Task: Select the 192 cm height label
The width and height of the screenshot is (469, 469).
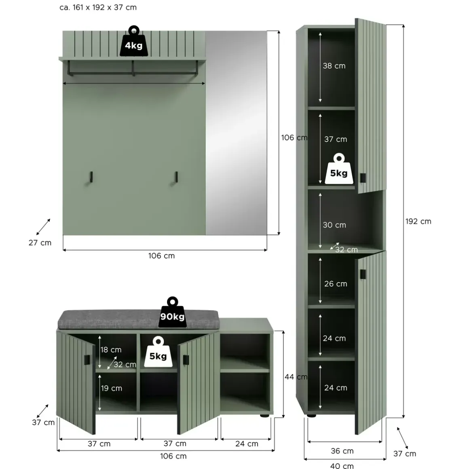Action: (x=418, y=221)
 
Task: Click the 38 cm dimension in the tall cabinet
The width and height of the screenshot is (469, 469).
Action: (x=334, y=66)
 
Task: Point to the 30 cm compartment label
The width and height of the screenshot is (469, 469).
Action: (x=334, y=225)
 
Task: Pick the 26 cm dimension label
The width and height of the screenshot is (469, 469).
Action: (x=336, y=284)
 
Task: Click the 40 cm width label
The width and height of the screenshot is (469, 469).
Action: (x=342, y=465)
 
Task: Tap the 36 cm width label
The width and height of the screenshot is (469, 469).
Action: (x=342, y=451)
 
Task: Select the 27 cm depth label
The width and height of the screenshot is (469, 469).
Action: (x=40, y=243)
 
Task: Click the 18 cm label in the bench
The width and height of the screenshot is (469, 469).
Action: (x=111, y=350)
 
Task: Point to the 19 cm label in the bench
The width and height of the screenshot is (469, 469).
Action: (x=111, y=388)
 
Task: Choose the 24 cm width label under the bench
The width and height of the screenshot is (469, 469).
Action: (x=247, y=444)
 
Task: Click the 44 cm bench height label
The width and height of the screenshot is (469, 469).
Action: (x=296, y=377)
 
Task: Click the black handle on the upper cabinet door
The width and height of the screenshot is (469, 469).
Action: (x=363, y=178)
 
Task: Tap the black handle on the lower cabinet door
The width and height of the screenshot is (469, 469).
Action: (x=363, y=274)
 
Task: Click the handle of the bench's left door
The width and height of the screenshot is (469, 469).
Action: (x=87, y=360)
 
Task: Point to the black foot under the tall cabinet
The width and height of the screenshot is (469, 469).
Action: (x=312, y=416)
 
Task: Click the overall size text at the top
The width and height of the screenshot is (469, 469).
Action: (x=98, y=7)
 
